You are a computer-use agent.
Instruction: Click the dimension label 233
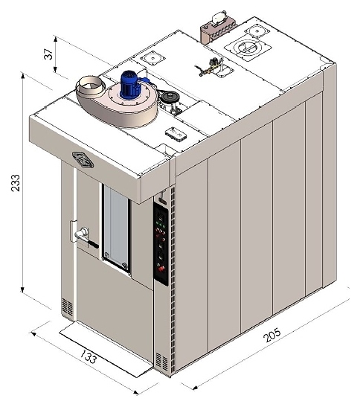(x=16, y=183)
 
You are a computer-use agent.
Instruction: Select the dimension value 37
(x=48, y=54)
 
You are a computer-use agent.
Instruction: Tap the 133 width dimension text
(x=88, y=356)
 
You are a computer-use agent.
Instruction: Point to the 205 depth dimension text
(x=271, y=335)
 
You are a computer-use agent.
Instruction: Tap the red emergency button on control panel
(x=161, y=269)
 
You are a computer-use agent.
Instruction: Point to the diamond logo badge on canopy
(x=83, y=160)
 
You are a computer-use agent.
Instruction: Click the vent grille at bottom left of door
(x=67, y=307)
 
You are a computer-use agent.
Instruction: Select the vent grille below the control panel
(x=161, y=362)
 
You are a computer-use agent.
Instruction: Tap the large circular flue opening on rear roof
(x=248, y=48)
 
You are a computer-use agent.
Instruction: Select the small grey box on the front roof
(x=176, y=134)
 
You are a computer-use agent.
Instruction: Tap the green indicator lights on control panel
(x=159, y=223)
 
